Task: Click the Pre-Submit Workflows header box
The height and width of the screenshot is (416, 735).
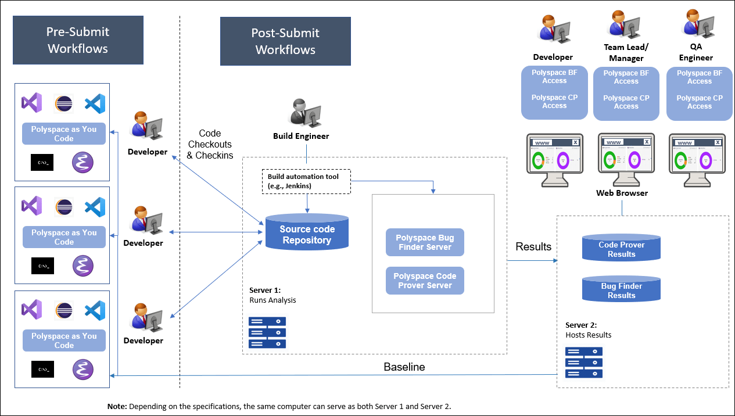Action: (x=78, y=40)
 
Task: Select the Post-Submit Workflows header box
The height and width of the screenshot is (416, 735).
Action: (x=285, y=41)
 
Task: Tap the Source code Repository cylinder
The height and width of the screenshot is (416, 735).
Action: (x=307, y=234)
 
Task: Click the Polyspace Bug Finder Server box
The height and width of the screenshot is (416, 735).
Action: (x=425, y=242)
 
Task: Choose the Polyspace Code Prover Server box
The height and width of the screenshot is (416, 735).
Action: (x=425, y=281)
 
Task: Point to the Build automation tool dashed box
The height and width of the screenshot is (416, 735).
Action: (x=306, y=181)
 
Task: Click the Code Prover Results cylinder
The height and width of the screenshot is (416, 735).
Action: (x=621, y=249)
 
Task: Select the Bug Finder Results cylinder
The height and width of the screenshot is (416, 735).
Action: (x=621, y=290)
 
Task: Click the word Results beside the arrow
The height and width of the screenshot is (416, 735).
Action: (x=533, y=246)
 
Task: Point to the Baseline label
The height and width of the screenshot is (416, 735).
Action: (x=404, y=367)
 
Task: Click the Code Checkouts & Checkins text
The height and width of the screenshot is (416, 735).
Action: (x=210, y=144)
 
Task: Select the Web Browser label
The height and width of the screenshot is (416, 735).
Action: (x=622, y=193)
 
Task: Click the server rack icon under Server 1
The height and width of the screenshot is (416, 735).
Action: (x=267, y=332)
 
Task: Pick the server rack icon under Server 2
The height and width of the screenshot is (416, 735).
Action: (x=584, y=362)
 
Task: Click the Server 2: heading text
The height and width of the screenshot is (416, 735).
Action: (x=581, y=325)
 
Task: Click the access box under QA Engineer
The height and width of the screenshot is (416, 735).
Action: (x=700, y=94)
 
